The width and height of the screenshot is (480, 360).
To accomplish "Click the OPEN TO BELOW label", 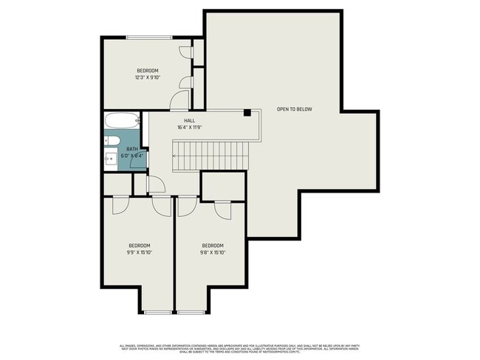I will [x=294, y=109].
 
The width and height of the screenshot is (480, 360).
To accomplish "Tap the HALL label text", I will [x=190, y=120].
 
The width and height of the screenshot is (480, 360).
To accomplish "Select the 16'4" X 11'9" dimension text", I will [x=190, y=127].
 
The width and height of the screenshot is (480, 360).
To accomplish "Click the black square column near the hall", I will [x=248, y=112].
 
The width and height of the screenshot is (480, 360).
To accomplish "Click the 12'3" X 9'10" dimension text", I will [x=148, y=77].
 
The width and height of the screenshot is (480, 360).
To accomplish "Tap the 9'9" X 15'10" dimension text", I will [x=140, y=252].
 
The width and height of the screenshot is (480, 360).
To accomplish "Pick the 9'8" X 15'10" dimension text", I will [x=213, y=252].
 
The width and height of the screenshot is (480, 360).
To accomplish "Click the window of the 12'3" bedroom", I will [x=148, y=37].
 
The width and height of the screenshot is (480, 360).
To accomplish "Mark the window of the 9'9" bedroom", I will [x=156, y=312].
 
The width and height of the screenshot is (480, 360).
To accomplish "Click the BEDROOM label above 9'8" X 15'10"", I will [x=213, y=245].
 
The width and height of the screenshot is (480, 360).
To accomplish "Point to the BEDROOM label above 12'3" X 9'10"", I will [x=148, y=70].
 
